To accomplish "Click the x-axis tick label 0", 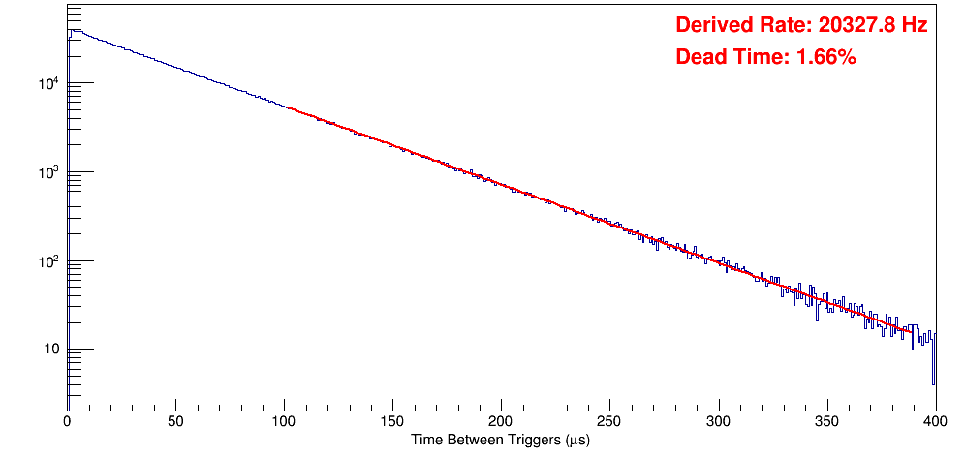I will click(67, 421).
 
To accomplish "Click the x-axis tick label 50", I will click(175, 421).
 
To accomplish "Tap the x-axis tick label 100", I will click(284, 421).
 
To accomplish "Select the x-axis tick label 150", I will click(392, 421).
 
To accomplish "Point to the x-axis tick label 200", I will click(501, 421).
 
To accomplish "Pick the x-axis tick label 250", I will click(609, 421).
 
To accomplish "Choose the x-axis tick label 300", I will click(718, 421).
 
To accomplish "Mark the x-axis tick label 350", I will click(826, 421).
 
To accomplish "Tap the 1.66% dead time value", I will click(825, 58).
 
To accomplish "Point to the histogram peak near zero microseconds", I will click(71, 30).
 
